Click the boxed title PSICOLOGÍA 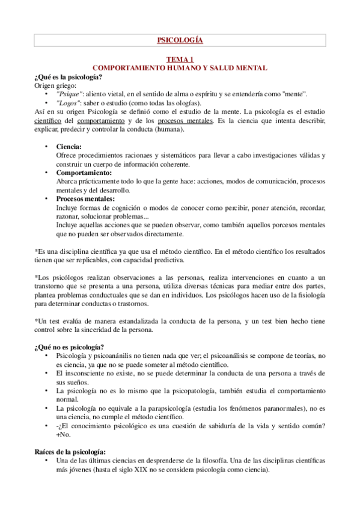(x=180, y=41)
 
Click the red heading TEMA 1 (x=180, y=60)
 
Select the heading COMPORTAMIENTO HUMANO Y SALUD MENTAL (x=180, y=69)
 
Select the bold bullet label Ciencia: (x=69, y=147)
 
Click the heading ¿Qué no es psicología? (x=69, y=346)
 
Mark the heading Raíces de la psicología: (x=70, y=452)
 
